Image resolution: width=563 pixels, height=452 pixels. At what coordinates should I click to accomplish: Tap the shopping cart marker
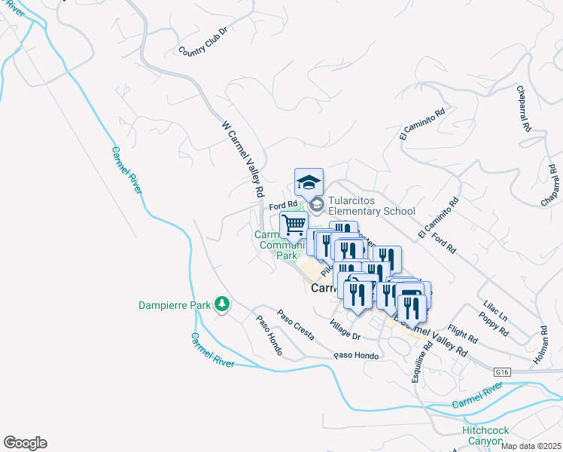294,224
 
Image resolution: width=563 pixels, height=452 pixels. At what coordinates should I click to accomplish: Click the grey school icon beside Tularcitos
317,204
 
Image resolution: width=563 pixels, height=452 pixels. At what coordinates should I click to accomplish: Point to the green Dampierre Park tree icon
222,304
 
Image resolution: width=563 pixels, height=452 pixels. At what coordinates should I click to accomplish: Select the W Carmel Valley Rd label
242,157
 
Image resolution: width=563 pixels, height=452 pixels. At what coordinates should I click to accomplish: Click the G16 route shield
503,372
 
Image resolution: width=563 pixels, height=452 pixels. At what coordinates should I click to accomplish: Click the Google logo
25,443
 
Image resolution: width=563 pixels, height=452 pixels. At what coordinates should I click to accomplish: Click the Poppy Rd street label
498,320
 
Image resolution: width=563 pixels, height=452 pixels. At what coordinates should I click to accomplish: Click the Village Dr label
345,328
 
